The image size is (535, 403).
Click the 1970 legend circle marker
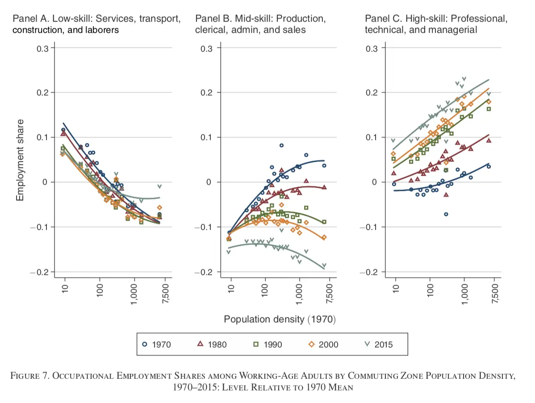[145, 344]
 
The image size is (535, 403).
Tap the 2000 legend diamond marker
[312, 344]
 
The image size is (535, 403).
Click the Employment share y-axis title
[20, 160]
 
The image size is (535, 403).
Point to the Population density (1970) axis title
[280, 319]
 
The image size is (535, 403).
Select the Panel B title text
[260, 25]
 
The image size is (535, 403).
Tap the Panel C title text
[436, 25]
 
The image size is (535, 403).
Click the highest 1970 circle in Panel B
[281, 145]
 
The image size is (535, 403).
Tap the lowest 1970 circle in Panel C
[446, 214]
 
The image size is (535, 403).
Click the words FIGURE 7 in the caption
[29, 376]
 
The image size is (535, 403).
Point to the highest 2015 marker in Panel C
[464, 79]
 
